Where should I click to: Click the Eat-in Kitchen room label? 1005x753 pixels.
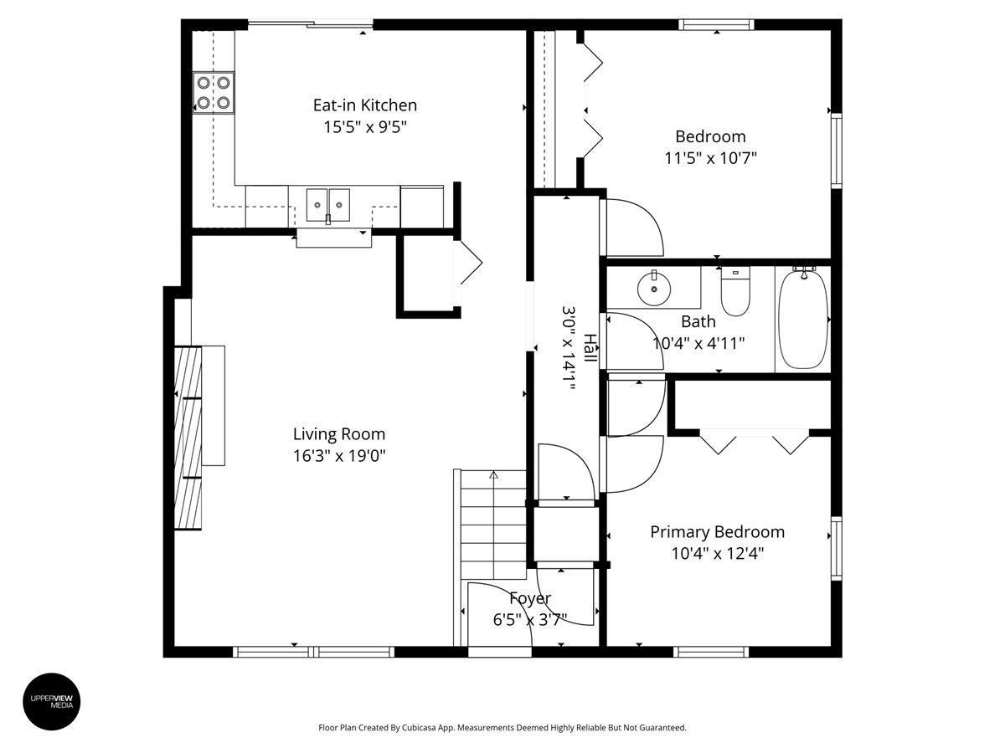coord(364,105)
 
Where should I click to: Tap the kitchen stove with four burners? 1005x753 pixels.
coord(214,92)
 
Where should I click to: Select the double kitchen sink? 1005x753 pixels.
coord(327,203)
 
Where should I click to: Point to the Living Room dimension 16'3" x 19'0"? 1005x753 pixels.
coord(339,456)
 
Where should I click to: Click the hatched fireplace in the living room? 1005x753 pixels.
coord(188,437)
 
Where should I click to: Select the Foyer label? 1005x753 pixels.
coord(529,598)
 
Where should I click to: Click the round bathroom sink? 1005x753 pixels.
coord(653,289)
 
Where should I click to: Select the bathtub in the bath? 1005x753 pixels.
coord(802,318)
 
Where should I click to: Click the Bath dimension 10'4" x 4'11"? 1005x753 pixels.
coord(698,342)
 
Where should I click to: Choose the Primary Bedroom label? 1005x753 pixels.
coord(718,532)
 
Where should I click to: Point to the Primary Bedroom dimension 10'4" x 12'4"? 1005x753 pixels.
coord(718,553)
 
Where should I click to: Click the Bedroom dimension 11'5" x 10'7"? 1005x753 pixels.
coord(710,158)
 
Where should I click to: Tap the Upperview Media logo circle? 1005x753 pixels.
coord(52,701)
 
